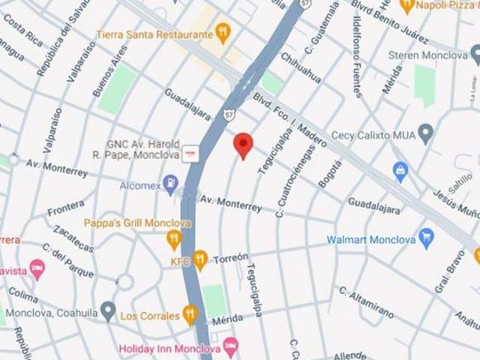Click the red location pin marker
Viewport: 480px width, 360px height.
point(242,144)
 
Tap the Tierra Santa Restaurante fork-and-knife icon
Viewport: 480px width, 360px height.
point(222,32)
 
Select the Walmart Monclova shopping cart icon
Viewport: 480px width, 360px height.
point(427,239)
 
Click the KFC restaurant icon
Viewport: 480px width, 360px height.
point(199,259)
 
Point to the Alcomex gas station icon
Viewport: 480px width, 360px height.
point(171,183)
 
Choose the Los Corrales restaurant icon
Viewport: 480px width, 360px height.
point(190,315)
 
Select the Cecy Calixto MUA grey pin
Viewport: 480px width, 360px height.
point(426,135)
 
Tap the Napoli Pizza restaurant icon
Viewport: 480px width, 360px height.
point(407,6)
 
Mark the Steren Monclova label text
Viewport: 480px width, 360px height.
point(427,55)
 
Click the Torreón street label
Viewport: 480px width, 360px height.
point(230,258)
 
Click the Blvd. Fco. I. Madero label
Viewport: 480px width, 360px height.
point(288,119)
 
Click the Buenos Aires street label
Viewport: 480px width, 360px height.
point(109,70)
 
